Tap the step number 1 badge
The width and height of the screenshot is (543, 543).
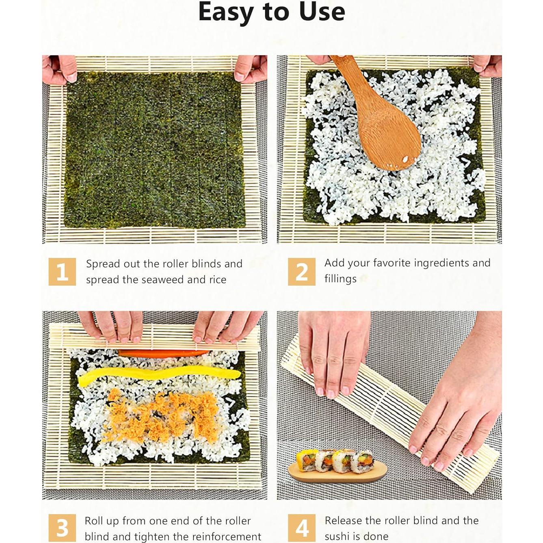(x=62, y=272)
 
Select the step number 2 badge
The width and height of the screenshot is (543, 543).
(x=301, y=272)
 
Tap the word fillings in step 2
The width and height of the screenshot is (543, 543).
(x=340, y=279)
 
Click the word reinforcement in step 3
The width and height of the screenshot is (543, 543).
(x=217, y=537)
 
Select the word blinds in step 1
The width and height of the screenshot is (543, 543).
(x=206, y=264)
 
